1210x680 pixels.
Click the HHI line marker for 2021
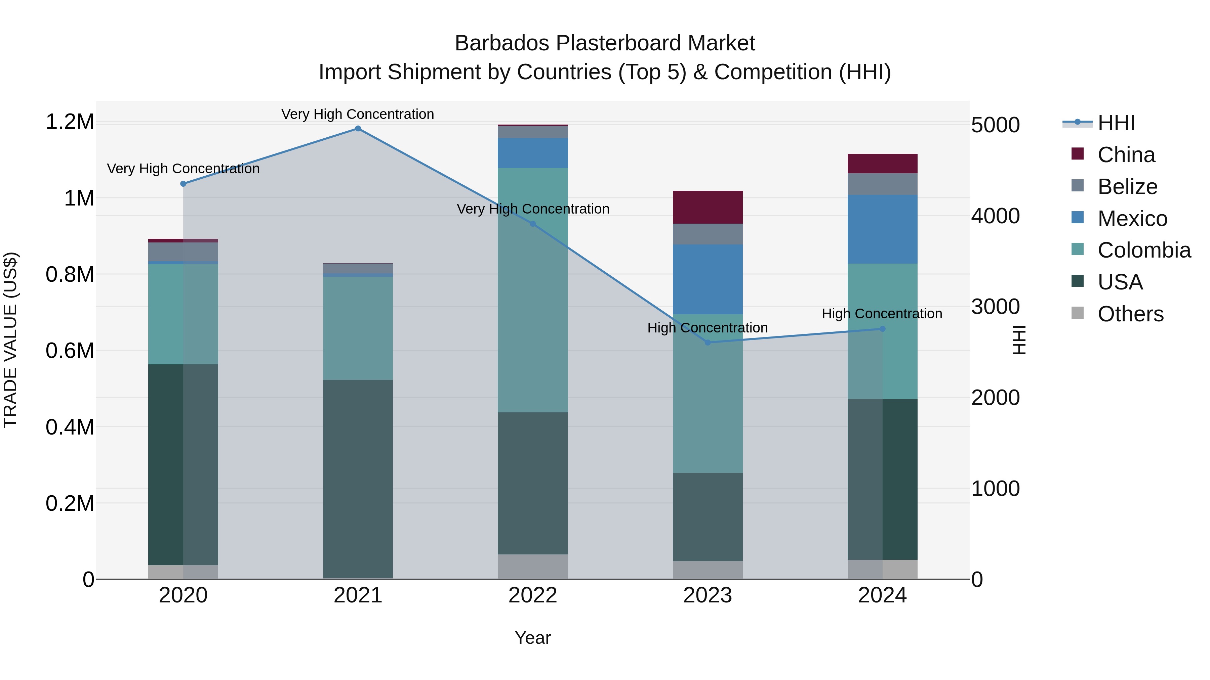pyautogui.click(x=358, y=129)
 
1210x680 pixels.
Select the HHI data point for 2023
pyautogui.click(x=708, y=343)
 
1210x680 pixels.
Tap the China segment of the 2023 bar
pyautogui.click(x=708, y=208)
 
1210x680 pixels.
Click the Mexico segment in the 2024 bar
pyautogui.click(x=882, y=229)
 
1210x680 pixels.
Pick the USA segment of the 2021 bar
pyautogui.click(x=358, y=479)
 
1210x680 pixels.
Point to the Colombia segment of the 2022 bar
pyautogui.click(x=533, y=290)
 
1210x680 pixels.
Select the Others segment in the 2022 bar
pyautogui.click(x=533, y=567)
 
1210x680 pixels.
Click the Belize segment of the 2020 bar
pyautogui.click(x=183, y=252)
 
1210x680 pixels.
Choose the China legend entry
pyautogui.click(x=1126, y=155)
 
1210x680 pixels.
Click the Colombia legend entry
pyautogui.click(x=1144, y=250)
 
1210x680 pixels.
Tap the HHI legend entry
pyautogui.click(x=1116, y=123)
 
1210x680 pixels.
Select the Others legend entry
pyautogui.click(x=1130, y=314)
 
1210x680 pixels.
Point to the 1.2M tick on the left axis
pyautogui.click(x=70, y=122)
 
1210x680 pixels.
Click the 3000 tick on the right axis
pyautogui.click(x=995, y=307)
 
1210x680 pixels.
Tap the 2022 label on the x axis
pyautogui.click(x=533, y=595)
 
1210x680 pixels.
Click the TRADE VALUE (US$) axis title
pyautogui.click(x=11, y=340)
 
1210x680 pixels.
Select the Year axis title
pyautogui.click(x=533, y=638)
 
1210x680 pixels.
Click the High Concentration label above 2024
pyautogui.click(x=882, y=314)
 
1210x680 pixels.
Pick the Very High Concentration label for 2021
pyautogui.click(x=358, y=114)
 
